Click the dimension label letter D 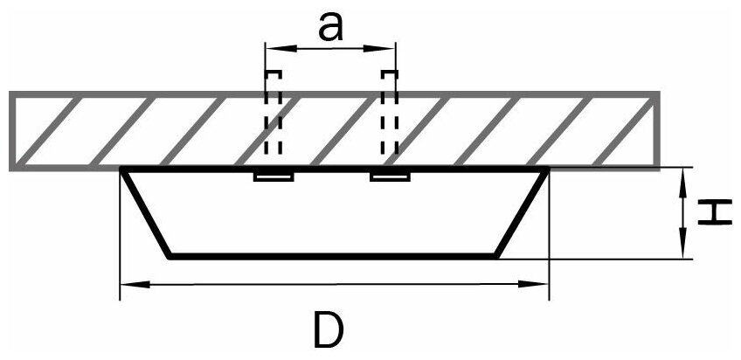[331, 329]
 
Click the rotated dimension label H [716, 212]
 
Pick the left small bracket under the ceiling [273, 177]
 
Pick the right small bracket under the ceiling [390, 177]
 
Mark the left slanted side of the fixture [145, 212]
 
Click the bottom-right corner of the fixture [498, 256]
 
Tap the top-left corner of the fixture [122, 168]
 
